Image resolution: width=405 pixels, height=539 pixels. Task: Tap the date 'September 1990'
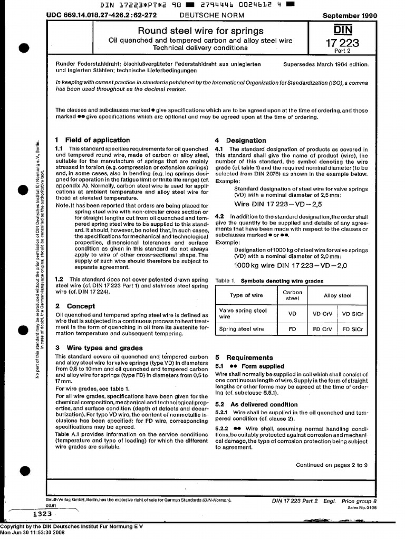(x=350, y=16)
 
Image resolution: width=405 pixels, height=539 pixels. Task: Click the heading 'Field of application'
(x=97, y=140)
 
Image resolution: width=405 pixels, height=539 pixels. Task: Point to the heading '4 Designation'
(x=240, y=141)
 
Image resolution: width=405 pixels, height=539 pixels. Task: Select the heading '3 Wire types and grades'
(x=99, y=348)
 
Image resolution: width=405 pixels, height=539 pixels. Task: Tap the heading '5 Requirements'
(x=244, y=357)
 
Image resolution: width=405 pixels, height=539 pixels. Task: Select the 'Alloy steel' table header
(x=337, y=295)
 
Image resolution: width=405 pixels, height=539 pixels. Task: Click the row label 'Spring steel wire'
(x=242, y=330)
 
